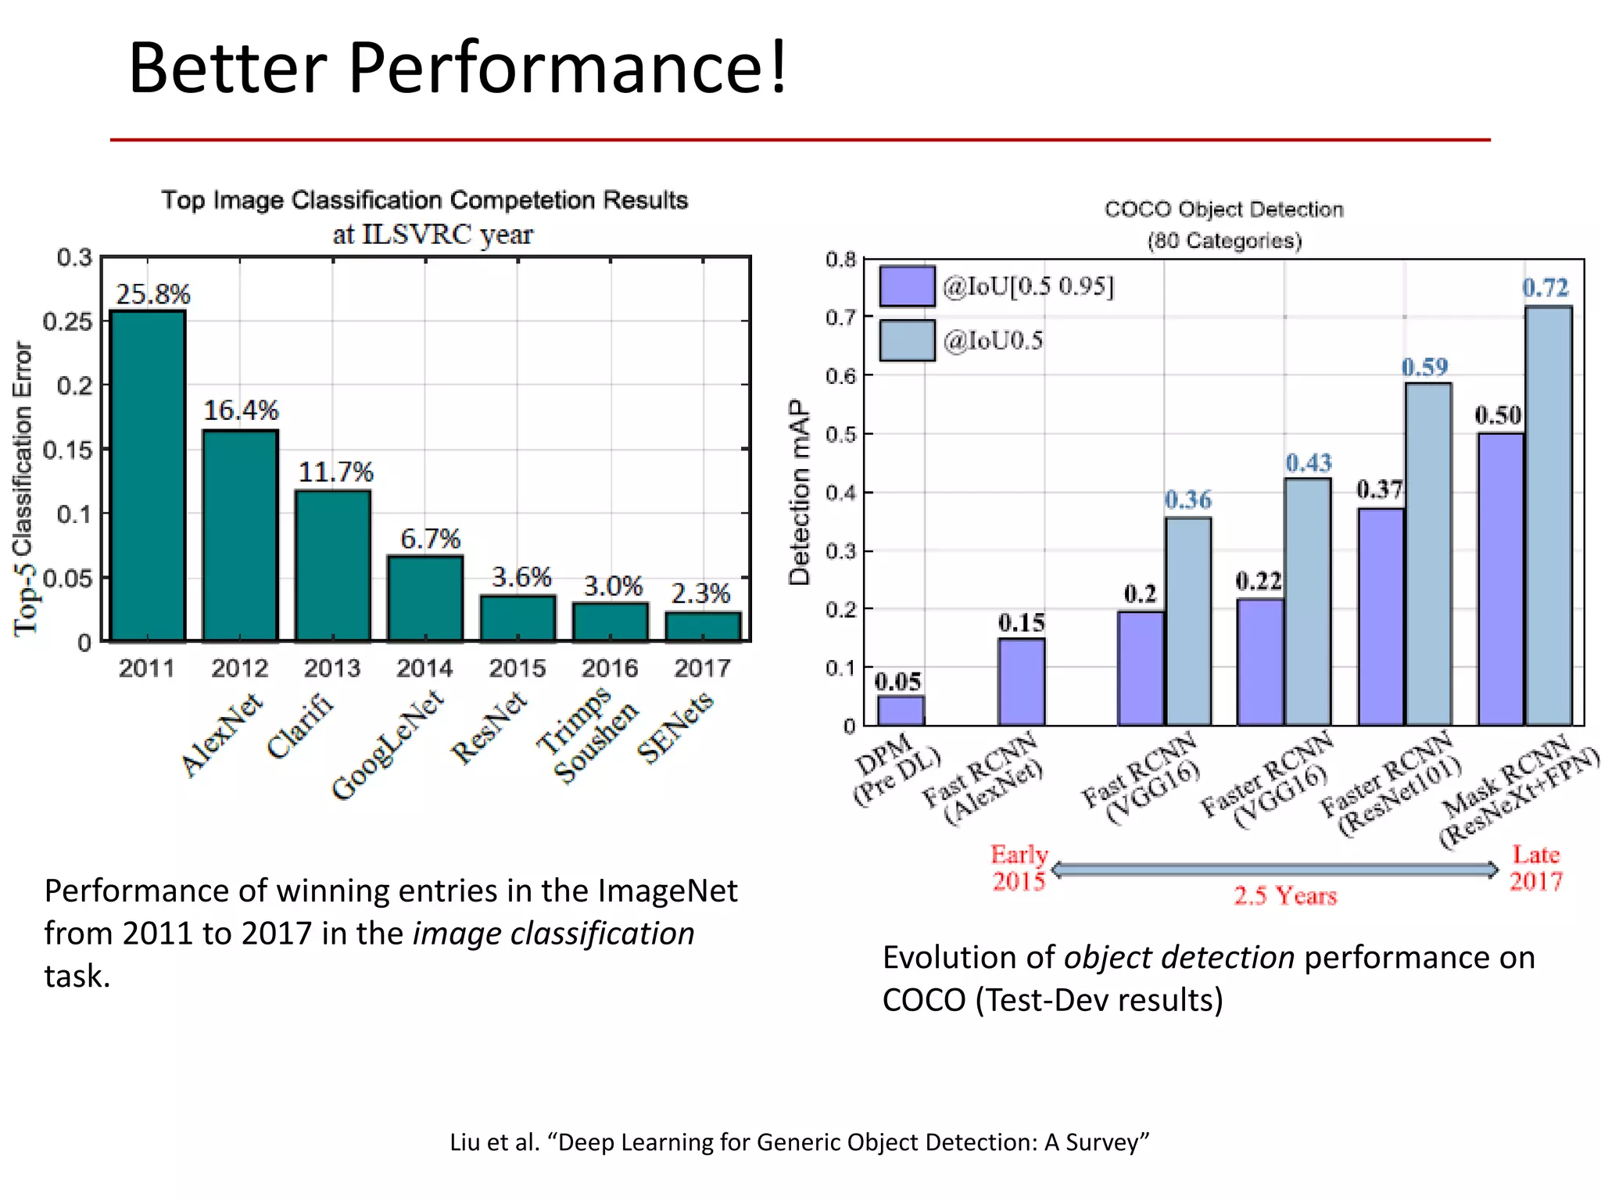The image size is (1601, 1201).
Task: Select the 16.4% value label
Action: [241, 410]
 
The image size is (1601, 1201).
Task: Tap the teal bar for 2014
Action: [425, 598]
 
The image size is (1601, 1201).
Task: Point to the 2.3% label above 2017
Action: [700, 593]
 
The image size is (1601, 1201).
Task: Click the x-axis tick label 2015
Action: [517, 669]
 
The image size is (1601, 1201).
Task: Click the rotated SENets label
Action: [675, 727]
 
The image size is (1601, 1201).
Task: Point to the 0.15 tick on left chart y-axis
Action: [66, 450]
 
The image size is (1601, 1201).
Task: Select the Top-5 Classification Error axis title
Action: [23, 489]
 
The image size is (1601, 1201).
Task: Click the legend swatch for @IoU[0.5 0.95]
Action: [907, 286]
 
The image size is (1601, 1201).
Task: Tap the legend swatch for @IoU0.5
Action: [907, 340]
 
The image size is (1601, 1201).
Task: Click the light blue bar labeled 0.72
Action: [1549, 516]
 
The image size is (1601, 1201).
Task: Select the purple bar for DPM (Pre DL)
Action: [901, 710]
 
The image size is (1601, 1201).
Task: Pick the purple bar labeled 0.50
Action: [1501, 579]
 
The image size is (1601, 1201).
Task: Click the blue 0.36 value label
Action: [1187, 500]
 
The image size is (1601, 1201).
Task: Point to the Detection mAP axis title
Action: [799, 493]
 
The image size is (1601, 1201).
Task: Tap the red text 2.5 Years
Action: [1285, 896]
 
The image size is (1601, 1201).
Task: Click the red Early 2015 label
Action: [1019, 868]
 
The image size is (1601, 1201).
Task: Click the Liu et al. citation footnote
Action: [799, 1142]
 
